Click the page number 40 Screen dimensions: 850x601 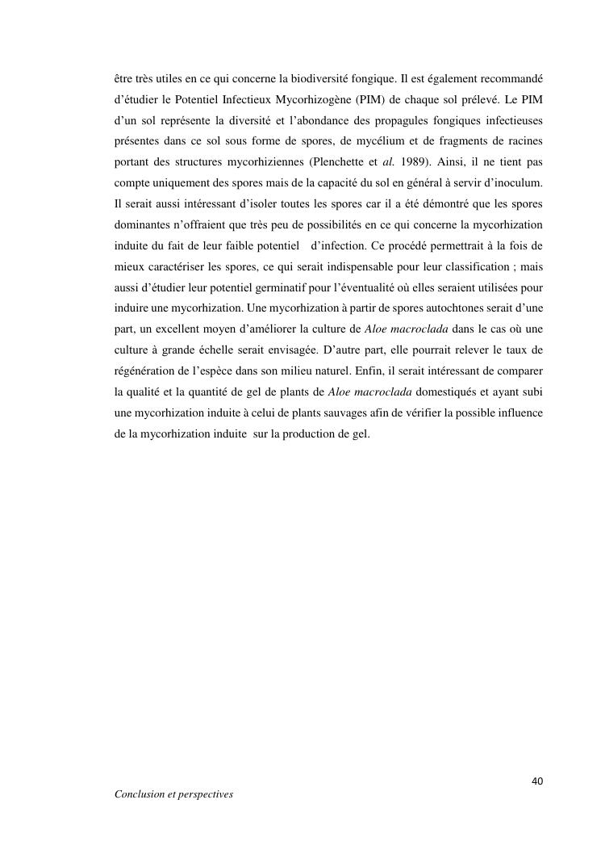(x=537, y=781)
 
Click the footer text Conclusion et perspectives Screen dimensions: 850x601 (x=173, y=794)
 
